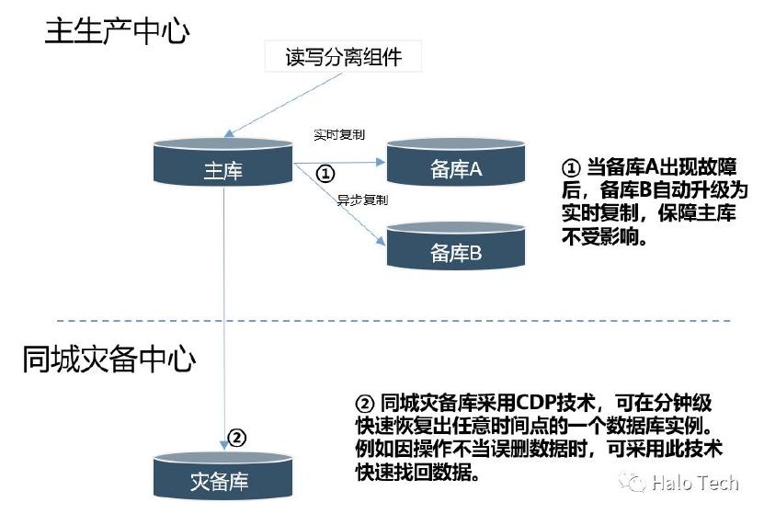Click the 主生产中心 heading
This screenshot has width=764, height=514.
click(x=117, y=32)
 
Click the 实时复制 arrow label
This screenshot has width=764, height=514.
click(x=339, y=134)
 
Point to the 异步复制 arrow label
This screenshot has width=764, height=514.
click(x=362, y=200)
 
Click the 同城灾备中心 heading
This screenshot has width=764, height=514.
click(x=108, y=359)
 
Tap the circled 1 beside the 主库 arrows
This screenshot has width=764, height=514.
click(x=326, y=173)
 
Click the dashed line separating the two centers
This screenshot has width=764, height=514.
click(x=395, y=321)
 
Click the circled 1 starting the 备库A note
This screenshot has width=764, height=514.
click(x=571, y=169)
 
